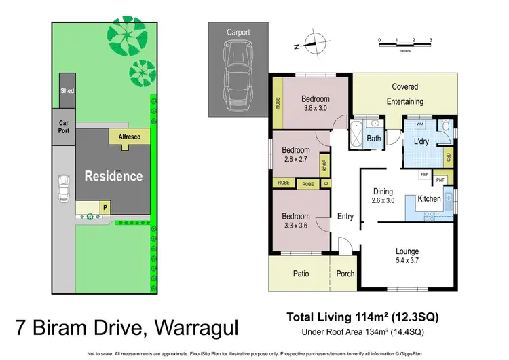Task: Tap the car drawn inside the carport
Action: click(238, 70)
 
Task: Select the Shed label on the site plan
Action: click(67, 91)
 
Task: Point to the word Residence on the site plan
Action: click(113, 176)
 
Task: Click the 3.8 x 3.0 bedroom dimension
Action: click(315, 108)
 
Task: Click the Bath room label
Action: click(374, 139)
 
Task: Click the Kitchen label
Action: click(428, 199)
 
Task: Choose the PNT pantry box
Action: click(440, 179)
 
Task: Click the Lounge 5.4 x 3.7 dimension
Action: click(407, 260)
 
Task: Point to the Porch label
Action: click(345, 274)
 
